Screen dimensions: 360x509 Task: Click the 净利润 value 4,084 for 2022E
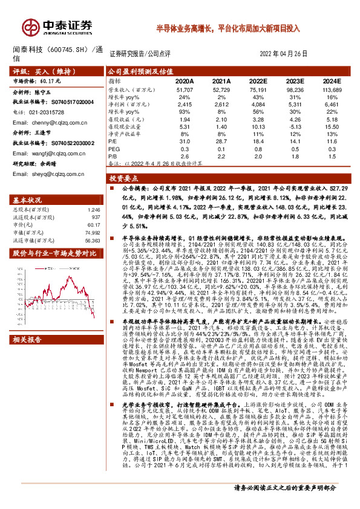tap(255, 104)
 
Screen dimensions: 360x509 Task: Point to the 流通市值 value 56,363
tap(91, 240)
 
